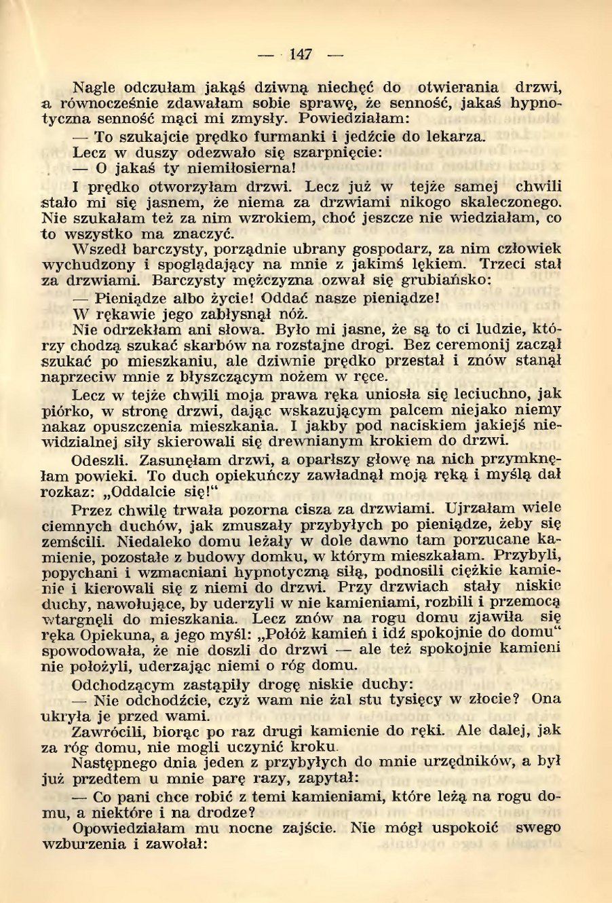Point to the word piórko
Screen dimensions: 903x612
point(62,411)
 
